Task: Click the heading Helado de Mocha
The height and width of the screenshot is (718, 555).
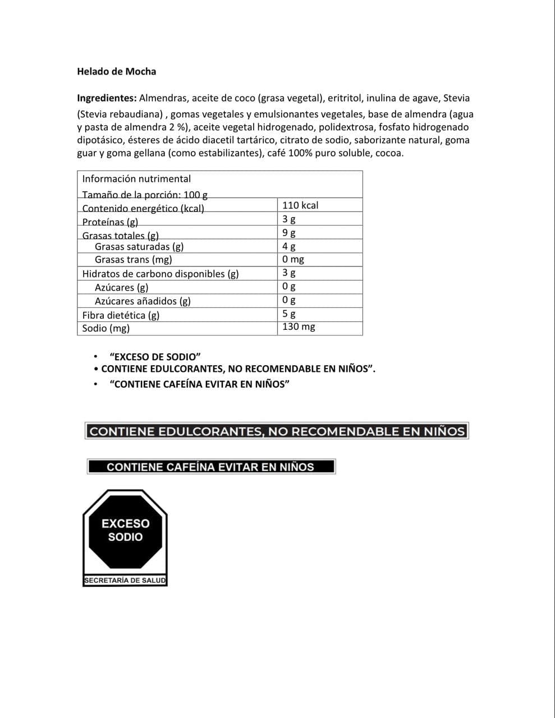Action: tap(116, 72)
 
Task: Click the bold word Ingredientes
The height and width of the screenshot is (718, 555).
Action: tap(107, 98)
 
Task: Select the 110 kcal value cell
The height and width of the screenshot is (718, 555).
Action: tap(300, 205)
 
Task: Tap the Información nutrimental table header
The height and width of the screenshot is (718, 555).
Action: tap(136, 179)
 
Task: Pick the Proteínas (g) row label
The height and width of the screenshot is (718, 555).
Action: tap(110, 222)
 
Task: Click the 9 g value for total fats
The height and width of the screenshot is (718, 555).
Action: tap(289, 232)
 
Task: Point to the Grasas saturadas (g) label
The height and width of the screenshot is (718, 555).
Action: tap(139, 246)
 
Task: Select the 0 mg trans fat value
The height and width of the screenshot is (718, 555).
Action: tap(293, 259)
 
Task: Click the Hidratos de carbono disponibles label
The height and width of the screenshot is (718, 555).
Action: tap(160, 274)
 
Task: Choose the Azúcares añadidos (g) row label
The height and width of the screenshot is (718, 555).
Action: tap(143, 301)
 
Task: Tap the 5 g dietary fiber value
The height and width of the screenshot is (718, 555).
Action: tap(289, 314)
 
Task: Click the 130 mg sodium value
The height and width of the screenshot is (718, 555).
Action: tap(299, 326)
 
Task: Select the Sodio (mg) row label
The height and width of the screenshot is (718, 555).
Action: tap(106, 328)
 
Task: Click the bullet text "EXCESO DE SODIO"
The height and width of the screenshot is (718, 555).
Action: tap(155, 357)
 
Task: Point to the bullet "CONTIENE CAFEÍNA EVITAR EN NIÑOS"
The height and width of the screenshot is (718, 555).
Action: tap(200, 384)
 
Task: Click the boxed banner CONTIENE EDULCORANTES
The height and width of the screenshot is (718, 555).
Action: tap(277, 431)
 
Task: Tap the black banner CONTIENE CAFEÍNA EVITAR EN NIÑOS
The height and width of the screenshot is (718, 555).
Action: tap(211, 467)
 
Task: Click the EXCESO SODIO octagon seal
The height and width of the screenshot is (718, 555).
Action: tap(125, 530)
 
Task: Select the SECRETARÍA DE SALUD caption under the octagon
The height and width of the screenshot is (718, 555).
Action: tap(125, 581)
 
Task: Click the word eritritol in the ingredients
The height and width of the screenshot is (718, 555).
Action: tap(345, 98)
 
